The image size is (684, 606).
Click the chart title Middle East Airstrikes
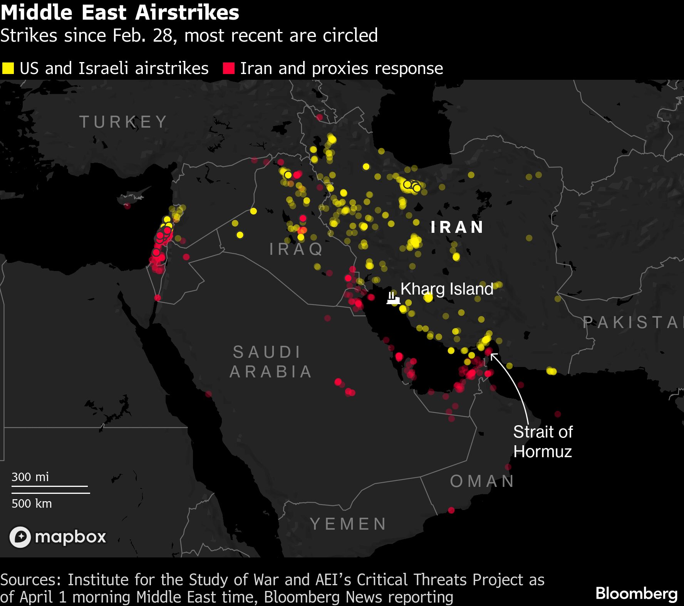pos(120,13)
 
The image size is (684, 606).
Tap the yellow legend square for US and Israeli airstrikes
pos(8,68)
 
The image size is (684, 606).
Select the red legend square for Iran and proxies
pos(229,68)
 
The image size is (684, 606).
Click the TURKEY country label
pos(123,122)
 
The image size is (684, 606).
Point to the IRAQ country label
pos(296,249)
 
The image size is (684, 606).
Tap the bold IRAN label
pos(457,227)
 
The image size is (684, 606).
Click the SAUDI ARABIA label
pos(270,362)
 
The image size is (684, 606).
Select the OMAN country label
pos(482,481)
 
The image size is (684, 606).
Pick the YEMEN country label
pos(348,524)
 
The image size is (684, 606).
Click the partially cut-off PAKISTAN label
pos(632,322)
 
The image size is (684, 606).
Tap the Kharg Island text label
pos(447,289)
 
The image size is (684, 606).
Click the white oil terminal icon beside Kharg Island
pos(392,298)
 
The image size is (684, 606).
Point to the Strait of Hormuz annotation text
pos(543,441)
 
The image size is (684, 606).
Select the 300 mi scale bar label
pos(30,477)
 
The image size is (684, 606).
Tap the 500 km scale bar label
pos(32,503)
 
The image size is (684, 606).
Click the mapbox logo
pos(58,537)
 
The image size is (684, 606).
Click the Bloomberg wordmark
pos(636,593)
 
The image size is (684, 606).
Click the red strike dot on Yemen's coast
pos(451,510)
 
